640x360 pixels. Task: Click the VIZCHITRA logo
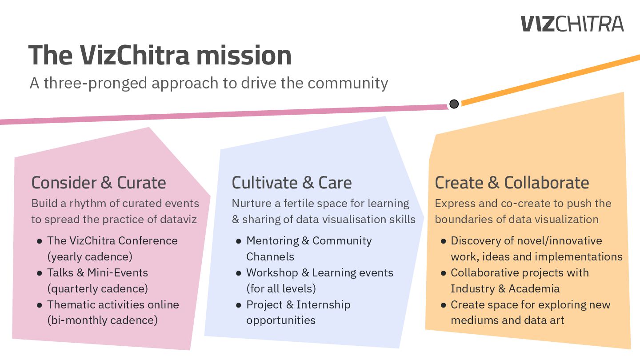(572, 24)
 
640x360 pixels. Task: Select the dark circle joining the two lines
(454, 104)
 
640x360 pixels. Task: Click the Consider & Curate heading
(99, 183)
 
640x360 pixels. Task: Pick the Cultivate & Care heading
(292, 183)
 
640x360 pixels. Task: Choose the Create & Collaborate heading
(512, 183)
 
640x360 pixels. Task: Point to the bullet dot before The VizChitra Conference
(40, 241)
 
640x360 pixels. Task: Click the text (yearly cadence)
(90, 256)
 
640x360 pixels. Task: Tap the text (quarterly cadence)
(97, 288)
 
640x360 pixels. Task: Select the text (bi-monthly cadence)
(102, 320)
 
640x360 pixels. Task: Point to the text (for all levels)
(281, 288)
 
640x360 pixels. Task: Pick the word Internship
(323, 304)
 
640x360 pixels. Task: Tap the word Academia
(534, 288)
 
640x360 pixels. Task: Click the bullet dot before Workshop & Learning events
(239, 273)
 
